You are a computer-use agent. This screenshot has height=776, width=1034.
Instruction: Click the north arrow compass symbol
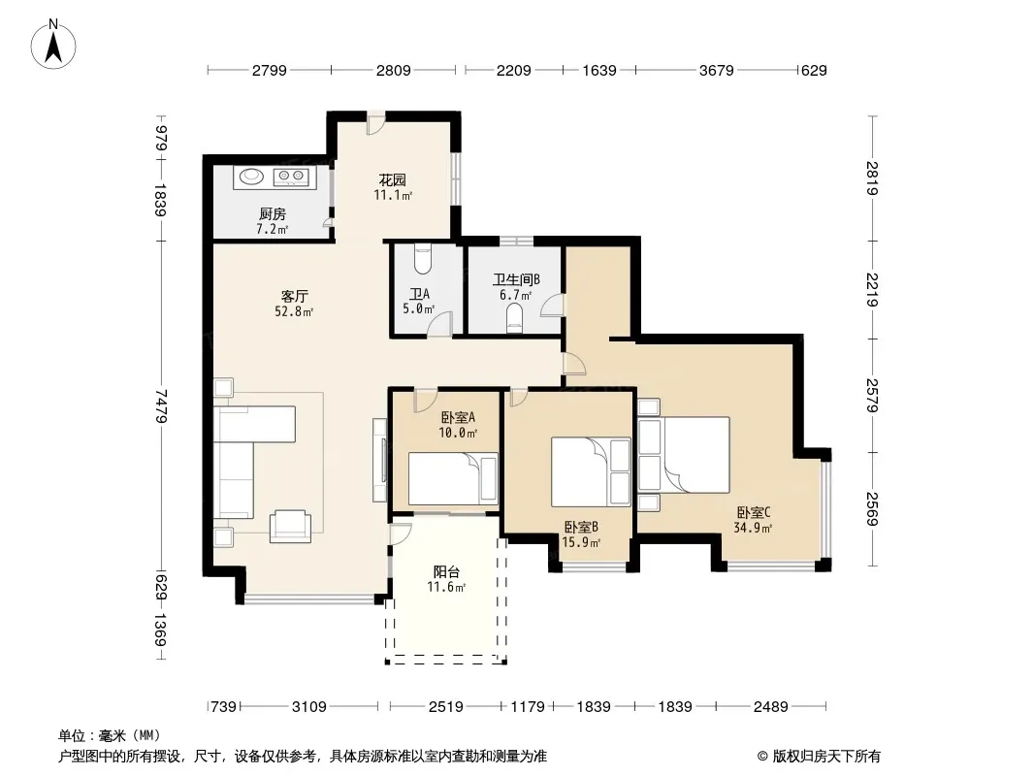pos(53,45)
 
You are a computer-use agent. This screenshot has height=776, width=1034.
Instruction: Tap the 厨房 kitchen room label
pos(273,213)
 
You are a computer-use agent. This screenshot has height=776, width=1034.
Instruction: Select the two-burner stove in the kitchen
pos(291,176)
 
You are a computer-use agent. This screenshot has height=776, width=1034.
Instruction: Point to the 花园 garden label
pos(393,179)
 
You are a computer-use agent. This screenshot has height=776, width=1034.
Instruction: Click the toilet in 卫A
pos(422,260)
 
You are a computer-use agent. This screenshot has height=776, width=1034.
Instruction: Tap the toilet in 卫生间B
pos(514,321)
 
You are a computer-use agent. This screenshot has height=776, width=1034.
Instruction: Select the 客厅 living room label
pos(294,296)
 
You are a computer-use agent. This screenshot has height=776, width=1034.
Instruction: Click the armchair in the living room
pos(290,526)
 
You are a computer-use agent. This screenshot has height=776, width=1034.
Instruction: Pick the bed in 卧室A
pos(453,478)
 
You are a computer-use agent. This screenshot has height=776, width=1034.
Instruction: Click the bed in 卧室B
pos(591,471)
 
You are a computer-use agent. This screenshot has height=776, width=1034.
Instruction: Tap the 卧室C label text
pos(754,512)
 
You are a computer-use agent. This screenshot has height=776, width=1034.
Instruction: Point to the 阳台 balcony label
pos(446,571)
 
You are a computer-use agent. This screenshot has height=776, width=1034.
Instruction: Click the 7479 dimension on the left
pos(160,405)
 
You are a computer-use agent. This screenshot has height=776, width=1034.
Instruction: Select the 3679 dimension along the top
pos(716,70)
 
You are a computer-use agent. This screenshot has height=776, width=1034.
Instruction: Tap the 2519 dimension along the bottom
pos(446,707)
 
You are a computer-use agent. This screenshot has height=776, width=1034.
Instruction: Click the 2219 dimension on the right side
pos(872,289)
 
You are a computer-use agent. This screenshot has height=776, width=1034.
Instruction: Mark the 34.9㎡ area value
pos(753,528)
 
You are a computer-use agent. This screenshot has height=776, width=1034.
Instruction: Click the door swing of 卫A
pos(439,323)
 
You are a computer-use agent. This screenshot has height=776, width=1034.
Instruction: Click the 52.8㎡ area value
pos(294,311)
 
